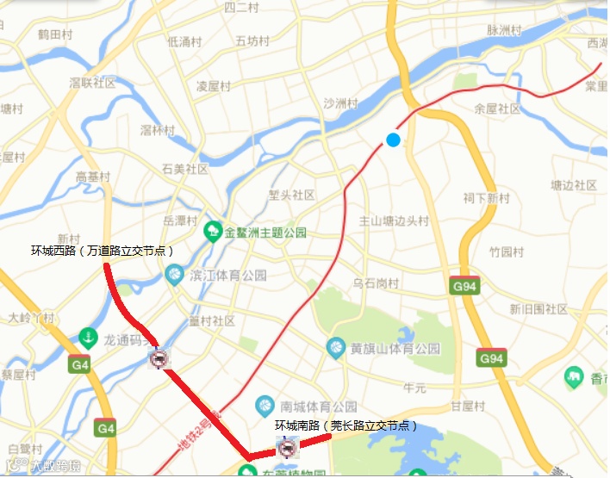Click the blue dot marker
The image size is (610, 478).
tap(393, 140)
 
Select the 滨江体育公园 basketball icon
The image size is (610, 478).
tap(174, 276)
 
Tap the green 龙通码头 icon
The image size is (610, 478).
tap(87, 337)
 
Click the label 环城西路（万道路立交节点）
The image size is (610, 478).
tap(103, 251)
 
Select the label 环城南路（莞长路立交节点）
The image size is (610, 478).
tap(346, 425)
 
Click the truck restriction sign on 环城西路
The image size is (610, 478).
tap(159, 359)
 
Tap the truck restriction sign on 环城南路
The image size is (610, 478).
tap(287, 447)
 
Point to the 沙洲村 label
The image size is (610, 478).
tap(339, 103)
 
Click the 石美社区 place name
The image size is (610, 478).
tap(185, 170)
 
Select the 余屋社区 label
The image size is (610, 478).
tap(498, 109)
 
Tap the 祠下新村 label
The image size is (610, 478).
tap(486, 198)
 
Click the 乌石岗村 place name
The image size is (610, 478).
tap(376, 283)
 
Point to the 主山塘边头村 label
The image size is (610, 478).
tap(394, 221)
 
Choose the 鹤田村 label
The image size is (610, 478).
tap(54, 34)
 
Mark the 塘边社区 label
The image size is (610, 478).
tap(574, 186)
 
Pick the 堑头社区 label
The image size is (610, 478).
tap(291, 196)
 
